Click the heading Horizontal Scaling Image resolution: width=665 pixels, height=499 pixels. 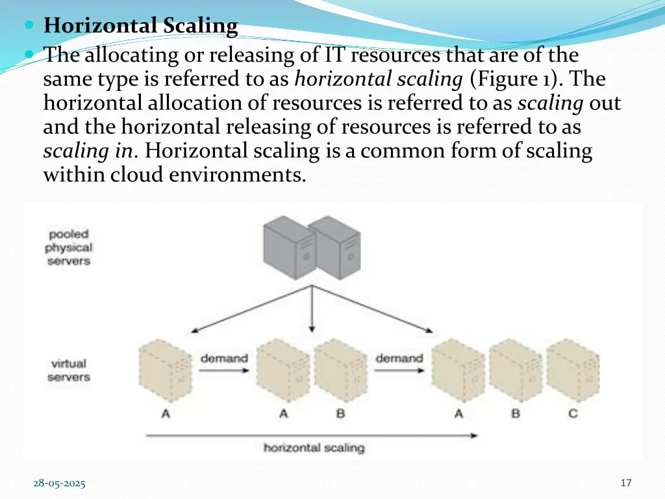coord(140,27)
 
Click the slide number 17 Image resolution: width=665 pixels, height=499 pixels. coord(626,483)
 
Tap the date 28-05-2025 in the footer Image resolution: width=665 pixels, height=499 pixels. coord(59,483)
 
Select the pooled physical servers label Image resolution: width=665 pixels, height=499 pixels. coord(68,248)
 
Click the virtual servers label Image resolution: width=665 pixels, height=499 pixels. coord(68,370)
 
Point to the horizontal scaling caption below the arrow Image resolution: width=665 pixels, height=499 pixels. coord(314,448)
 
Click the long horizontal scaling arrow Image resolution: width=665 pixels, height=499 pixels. coord(312,435)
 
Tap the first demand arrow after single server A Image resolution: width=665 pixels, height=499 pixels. coord(223,371)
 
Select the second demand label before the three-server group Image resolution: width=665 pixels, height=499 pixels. coord(399,358)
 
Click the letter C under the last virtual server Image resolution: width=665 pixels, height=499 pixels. coord(573,413)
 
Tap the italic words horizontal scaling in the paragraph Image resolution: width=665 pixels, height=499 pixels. coord(378,79)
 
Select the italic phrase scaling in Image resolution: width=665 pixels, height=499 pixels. coord(88,151)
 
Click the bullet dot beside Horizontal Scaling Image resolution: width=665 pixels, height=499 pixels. coord(32,27)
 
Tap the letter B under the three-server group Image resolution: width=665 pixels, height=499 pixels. coord(516,413)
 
